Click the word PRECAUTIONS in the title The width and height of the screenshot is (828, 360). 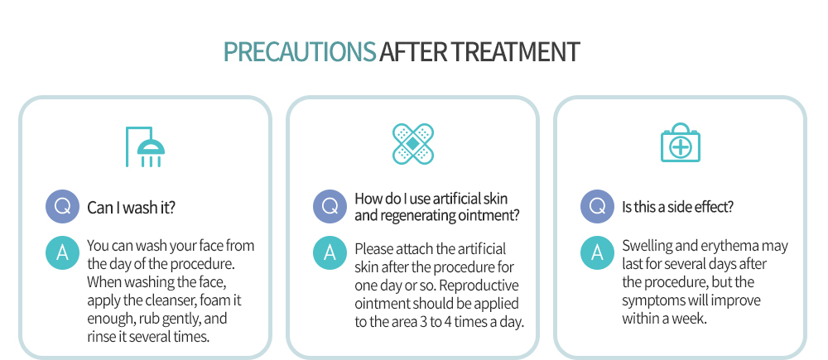click(x=300, y=52)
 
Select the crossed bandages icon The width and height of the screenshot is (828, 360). click(x=413, y=143)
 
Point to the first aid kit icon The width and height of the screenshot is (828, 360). click(x=681, y=142)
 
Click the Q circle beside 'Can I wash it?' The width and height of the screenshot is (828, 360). click(x=62, y=206)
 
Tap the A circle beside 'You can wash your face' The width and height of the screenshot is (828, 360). click(x=62, y=253)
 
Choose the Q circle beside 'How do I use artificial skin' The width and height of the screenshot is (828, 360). click(x=330, y=206)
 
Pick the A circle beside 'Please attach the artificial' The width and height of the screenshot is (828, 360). click(x=330, y=253)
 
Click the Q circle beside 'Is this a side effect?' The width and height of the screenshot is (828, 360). click(x=597, y=206)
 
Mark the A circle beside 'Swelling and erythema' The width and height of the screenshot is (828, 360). click(x=597, y=253)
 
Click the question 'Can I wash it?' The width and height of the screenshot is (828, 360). click(x=131, y=208)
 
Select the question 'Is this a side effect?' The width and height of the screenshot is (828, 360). click(x=677, y=207)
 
